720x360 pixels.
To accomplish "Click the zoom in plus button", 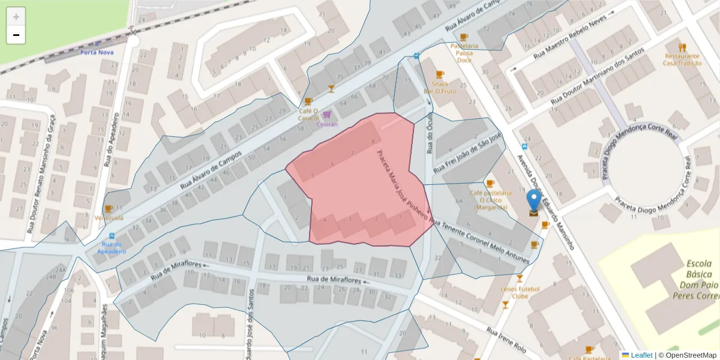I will click(x=16, y=17).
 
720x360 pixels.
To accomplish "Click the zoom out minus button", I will click(x=16, y=35).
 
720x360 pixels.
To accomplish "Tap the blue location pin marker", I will click(x=533, y=202).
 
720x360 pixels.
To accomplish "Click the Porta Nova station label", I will click(x=97, y=52).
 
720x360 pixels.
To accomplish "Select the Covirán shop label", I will click(x=327, y=124).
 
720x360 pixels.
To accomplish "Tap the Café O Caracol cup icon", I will click(x=308, y=101).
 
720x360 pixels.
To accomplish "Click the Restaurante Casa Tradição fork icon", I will click(x=682, y=47).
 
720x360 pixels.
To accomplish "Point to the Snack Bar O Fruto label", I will click(x=440, y=87).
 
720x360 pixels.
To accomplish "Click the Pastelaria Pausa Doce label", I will click(x=464, y=53).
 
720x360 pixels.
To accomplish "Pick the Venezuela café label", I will click(x=109, y=217).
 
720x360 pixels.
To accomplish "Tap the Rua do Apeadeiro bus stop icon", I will click(x=112, y=236).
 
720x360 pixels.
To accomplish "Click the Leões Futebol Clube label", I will click(x=520, y=292).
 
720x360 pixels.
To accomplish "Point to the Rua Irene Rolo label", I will click(x=506, y=340).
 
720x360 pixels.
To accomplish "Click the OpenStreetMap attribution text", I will click(x=691, y=355).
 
